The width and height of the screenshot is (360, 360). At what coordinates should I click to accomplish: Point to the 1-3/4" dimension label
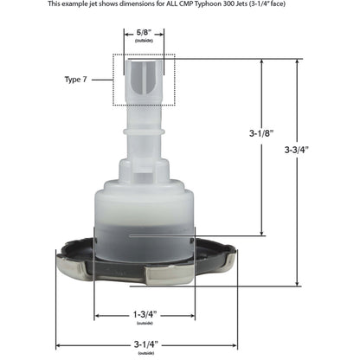pos(146,313)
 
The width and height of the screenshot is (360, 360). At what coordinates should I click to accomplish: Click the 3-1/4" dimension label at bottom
pos(146,344)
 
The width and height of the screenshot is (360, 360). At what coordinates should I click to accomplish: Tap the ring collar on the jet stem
pos(145,132)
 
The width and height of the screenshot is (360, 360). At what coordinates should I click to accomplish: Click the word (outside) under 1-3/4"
pos(146,322)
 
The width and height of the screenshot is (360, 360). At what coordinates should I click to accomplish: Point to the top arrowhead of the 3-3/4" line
pos(298,61)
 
